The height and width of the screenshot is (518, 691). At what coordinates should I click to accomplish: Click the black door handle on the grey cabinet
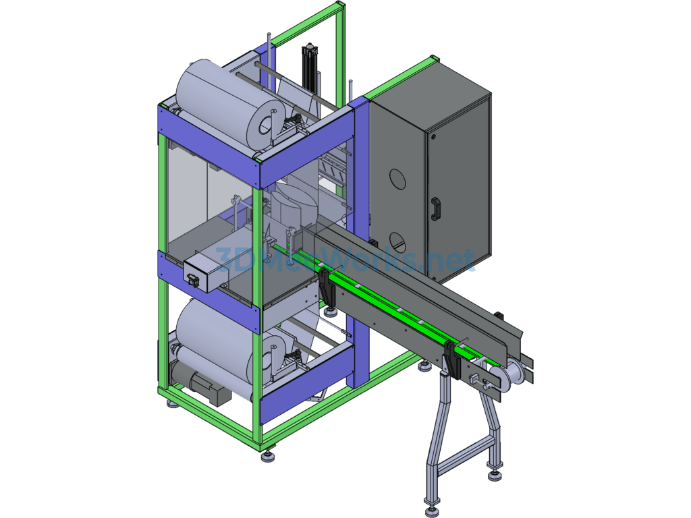point(436,208)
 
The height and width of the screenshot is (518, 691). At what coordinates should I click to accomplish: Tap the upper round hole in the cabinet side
point(397,179)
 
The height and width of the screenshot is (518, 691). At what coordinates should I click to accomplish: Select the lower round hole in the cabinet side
point(398,242)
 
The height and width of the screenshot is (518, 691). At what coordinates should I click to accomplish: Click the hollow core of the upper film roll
point(266,125)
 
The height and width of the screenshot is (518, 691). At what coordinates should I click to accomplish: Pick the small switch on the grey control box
point(192,279)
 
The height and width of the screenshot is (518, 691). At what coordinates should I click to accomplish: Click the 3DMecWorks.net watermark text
point(345,260)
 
